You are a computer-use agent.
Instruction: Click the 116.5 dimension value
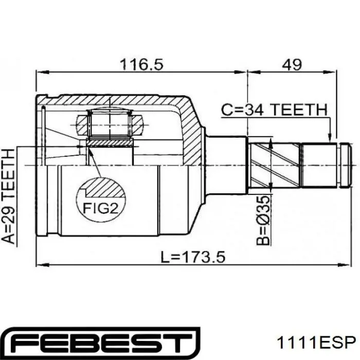pos(141,64)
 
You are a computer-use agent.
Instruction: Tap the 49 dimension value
pos(292,64)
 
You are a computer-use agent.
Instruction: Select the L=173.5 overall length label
pos(193,257)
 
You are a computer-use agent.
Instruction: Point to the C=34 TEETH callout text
pos(274,110)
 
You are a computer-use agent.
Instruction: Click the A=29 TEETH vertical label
pos(9,196)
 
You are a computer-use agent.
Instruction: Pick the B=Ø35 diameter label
pos(263,221)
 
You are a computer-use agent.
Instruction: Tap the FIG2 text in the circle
pos(100,208)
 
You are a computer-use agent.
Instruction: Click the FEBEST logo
pos(101,343)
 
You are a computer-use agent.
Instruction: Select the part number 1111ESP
pos(316,343)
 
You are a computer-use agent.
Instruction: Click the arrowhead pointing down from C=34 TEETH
pos(330,137)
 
